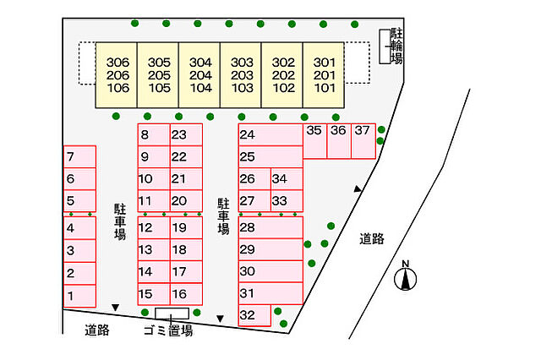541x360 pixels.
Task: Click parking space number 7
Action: [x=79, y=156]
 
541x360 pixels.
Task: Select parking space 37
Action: [x=363, y=141]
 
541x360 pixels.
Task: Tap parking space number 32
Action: [x=254, y=315]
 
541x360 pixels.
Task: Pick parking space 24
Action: [x=270, y=134]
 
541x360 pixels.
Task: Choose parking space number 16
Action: [x=186, y=294]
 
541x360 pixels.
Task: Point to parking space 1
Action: [x=79, y=296]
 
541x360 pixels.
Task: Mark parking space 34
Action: [x=287, y=179]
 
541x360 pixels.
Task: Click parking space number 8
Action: [x=154, y=134]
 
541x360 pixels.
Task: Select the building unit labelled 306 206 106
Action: [x=117, y=75]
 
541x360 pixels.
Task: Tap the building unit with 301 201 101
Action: [x=324, y=75]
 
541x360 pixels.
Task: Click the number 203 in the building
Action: [x=242, y=75]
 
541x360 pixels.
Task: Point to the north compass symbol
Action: [x=406, y=277]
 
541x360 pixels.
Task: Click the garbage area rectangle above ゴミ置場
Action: [x=172, y=314]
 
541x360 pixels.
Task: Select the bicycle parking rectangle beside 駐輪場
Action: [x=385, y=46]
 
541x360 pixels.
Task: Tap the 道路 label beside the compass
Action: [x=372, y=238]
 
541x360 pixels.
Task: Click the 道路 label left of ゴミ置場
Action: [x=97, y=330]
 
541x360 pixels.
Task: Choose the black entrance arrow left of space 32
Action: [x=220, y=319]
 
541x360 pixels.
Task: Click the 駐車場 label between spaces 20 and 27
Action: [x=223, y=216]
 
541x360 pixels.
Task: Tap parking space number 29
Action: [x=270, y=249]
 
